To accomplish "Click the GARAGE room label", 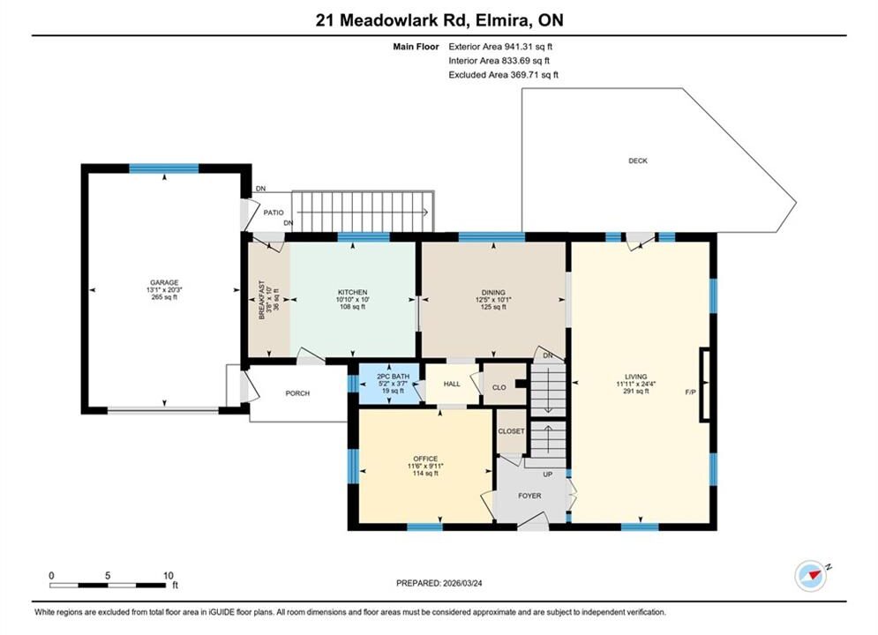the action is (164, 282).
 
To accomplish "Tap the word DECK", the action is (638, 161).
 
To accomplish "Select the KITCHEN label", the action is (353, 292).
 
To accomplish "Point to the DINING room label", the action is (493, 292).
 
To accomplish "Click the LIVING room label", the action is (636, 377).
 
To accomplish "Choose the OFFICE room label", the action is (425, 459).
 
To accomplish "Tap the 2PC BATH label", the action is (393, 377).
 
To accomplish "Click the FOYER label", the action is (529, 496).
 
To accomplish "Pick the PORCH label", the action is (297, 393).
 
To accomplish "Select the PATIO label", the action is (274, 213).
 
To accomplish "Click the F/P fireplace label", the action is (690, 392).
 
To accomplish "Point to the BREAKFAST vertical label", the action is (261, 300).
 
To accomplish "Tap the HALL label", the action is (452, 384).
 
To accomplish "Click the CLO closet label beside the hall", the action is (499, 387).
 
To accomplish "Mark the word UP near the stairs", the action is (548, 474).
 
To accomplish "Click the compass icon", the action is (810, 576).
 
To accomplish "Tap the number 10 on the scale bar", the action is (168, 575).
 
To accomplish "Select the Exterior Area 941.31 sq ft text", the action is (500, 47).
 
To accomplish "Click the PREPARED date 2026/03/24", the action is (462, 583).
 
